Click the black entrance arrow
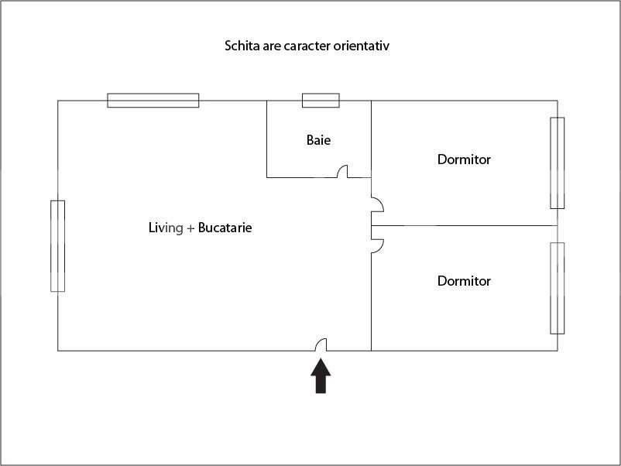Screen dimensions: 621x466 [321, 375]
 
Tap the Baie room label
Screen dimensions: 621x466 [318, 140]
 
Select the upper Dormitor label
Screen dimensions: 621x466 [464, 159]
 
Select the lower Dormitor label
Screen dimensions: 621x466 [464, 281]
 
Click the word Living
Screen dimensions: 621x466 [166, 228]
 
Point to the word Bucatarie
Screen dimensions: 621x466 [225, 228]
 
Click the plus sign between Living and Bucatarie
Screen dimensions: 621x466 [190, 228]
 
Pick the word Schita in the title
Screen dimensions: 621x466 [242, 46]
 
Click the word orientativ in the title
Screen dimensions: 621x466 [361, 46]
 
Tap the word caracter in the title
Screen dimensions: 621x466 [307, 46]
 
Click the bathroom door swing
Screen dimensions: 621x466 [342, 171]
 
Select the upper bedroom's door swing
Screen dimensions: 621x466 [377, 204]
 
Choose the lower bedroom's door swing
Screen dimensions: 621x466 [377, 246]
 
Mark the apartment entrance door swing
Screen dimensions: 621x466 [321, 344]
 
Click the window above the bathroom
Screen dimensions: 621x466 [321, 100]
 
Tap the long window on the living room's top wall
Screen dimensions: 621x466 [153, 100]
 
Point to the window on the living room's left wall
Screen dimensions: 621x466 [58, 246]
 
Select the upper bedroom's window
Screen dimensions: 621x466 [558, 163]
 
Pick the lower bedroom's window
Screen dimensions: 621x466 [558, 288]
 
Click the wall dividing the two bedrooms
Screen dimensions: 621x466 [465, 226]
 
